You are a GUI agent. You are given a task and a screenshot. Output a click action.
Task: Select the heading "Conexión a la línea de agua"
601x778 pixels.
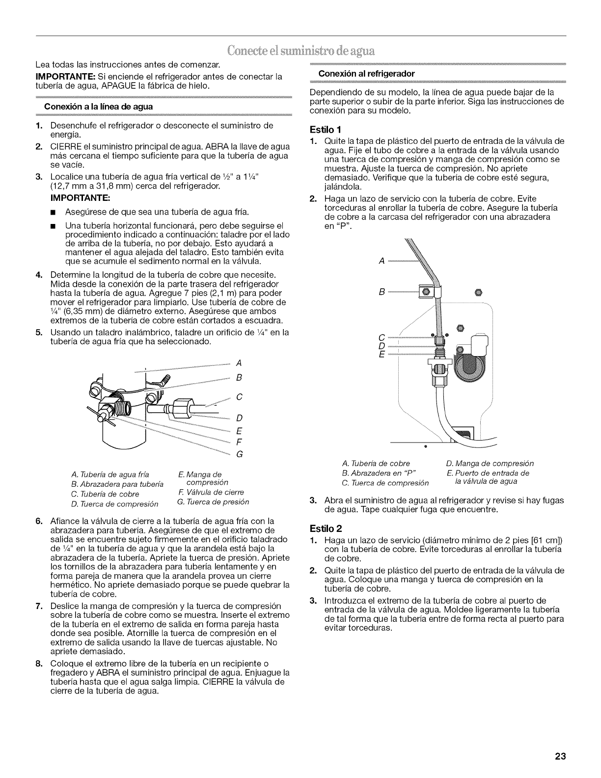99,107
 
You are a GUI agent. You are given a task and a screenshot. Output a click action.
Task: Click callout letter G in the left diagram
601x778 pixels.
239,453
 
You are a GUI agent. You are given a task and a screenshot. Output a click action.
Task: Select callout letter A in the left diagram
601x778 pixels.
239,363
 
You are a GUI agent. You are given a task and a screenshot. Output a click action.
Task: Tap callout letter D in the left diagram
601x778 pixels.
239,418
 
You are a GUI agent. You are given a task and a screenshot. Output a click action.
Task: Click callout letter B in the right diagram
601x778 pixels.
382,291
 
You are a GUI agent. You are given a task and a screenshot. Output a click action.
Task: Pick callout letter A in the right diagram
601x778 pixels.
382,261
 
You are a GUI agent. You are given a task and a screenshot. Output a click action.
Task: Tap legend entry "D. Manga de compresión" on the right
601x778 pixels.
490,463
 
